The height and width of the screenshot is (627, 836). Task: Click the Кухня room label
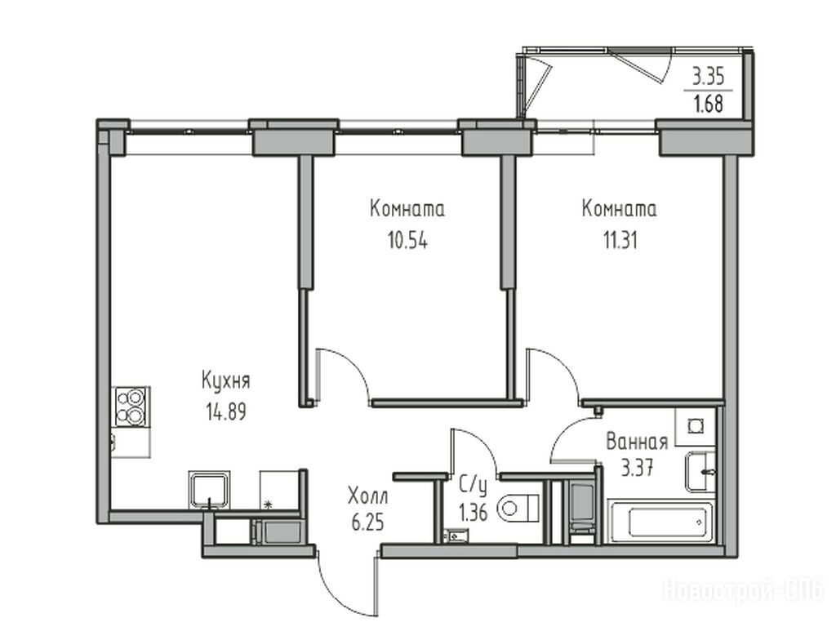(x=225, y=382)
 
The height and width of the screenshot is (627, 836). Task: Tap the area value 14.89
(x=225, y=411)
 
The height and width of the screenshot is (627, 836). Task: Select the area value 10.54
(x=408, y=241)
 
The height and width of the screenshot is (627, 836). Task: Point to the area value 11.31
(x=620, y=241)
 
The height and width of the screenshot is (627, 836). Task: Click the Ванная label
(x=637, y=442)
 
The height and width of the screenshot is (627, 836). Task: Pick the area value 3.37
(x=637, y=469)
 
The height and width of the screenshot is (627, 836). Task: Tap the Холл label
(x=368, y=496)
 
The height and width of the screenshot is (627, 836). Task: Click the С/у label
(x=474, y=487)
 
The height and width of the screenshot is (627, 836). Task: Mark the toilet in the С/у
(x=519, y=508)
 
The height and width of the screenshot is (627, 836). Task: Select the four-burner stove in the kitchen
(x=131, y=407)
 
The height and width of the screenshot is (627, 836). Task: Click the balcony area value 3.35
(x=708, y=78)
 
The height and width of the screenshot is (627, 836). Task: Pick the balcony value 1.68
(x=708, y=104)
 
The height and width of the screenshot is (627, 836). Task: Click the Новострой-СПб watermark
(x=743, y=589)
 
